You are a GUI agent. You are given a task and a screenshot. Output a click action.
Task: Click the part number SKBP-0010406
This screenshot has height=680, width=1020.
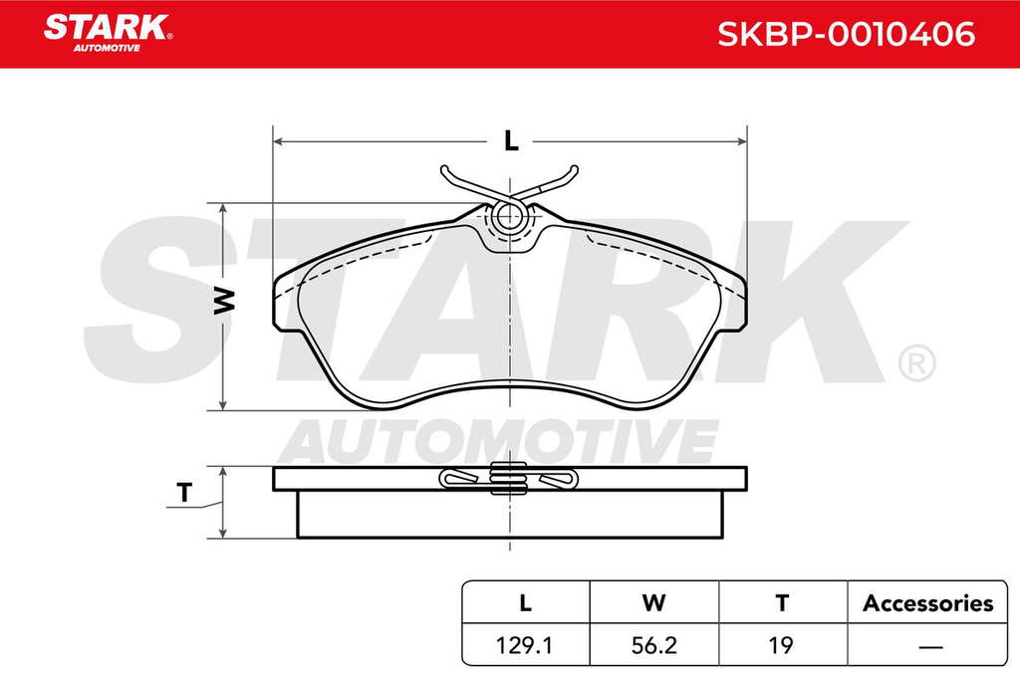click(x=846, y=34)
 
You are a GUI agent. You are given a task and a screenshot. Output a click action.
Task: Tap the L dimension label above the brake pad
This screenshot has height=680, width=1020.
click(x=511, y=140)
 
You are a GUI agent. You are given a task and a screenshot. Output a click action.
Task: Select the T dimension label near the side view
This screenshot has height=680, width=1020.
click(x=184, y=492)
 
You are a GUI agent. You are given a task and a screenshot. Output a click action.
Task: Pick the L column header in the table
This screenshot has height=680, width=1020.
click(x=525, y=603)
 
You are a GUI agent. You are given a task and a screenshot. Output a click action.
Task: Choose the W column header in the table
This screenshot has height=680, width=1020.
click(x=653, y=603)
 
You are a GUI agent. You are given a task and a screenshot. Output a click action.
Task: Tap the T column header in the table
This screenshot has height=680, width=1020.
click(x=782, y=603)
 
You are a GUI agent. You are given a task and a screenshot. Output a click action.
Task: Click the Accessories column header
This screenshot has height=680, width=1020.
click(x=927, y=603)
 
